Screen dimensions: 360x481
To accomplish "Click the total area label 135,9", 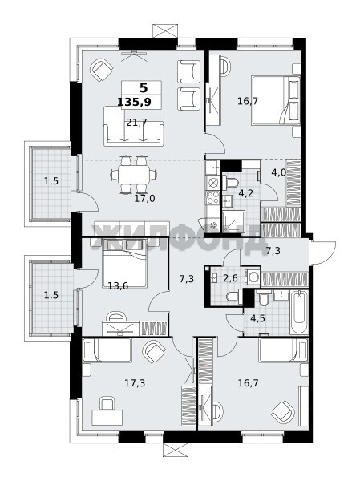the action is click(x=134, y=102).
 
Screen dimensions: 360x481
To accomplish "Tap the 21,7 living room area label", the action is click(x=136, y=123).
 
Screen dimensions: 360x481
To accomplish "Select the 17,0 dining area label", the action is click(x=144, y=199).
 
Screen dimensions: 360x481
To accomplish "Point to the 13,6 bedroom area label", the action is click(x=118, y=286).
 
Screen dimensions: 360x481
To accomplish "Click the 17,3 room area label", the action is click(x=135, y=383).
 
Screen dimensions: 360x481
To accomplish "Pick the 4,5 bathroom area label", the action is click(x=257, y=318).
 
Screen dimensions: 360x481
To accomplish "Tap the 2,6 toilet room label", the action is click(x=230, y=278).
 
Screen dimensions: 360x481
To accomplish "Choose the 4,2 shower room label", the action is click(x=246, y=193).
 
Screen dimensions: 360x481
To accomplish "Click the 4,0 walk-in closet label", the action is click(x=278, y=172).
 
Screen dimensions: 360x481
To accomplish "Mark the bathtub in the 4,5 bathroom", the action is click(x=298, y=313).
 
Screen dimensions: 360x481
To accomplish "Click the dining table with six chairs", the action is click(x=134, y=175).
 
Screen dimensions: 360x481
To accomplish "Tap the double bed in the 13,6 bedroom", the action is click(x=124, y=263).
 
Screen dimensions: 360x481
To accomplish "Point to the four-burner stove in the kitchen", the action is click(x=212, y=197).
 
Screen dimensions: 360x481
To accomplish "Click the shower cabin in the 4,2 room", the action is click(x=233, y=221).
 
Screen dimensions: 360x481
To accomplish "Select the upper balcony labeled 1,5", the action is click(x=51, y=183).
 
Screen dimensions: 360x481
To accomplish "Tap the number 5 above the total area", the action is click(x=144, y=87).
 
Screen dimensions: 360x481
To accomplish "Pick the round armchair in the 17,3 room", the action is click(x=155, y=352).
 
